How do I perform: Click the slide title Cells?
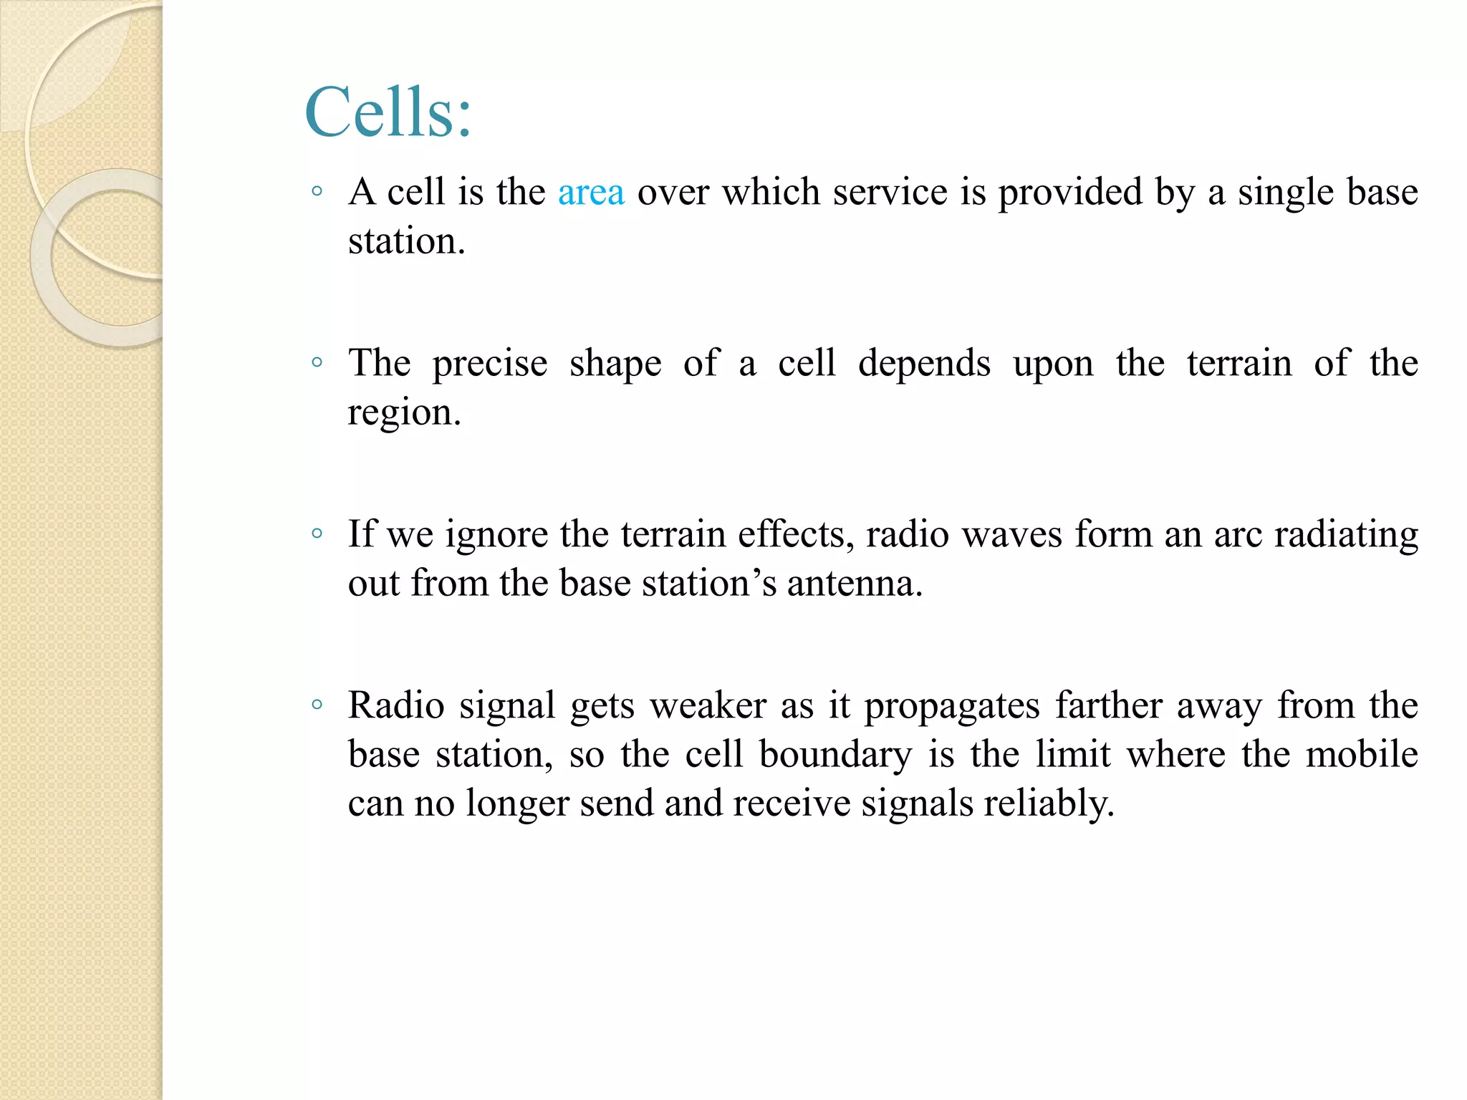(x=388, y=112)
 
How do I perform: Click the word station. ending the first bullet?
(x=406, y=242)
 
